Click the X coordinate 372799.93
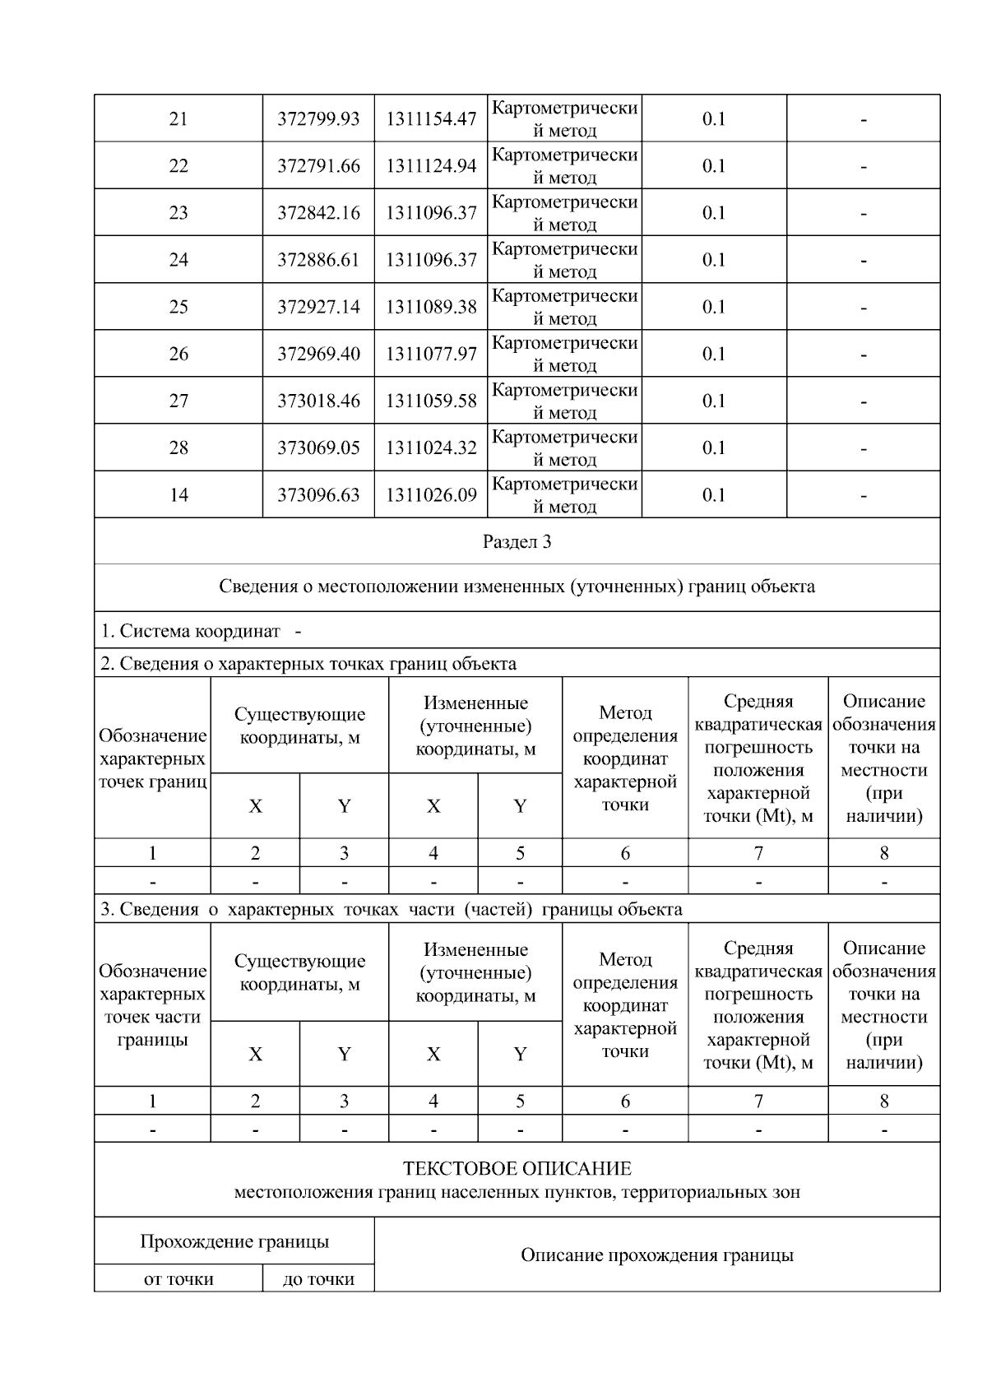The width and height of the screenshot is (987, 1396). (318, 119)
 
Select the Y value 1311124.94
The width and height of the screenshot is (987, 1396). (431, 166)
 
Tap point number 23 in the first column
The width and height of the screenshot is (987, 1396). (178, 213)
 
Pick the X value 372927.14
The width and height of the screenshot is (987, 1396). (318, 307)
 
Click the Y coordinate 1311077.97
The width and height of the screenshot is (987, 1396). (431, 354)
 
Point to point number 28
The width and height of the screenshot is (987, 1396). (178, 448)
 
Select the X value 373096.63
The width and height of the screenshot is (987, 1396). (318, 494)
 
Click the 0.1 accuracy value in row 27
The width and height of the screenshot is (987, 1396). (713, 401)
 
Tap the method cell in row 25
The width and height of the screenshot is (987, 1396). (564, 307)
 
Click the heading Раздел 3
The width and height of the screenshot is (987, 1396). (517, 542)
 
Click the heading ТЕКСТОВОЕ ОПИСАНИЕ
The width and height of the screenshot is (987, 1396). (517, 1168)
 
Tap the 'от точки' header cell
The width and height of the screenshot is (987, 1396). (178, 1279)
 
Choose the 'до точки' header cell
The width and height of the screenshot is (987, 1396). (318, 1279)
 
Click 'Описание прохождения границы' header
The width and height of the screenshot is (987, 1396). (656, 1255)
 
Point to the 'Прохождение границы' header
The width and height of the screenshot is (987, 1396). (234, 1241)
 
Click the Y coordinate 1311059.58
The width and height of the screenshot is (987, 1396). (431, 401)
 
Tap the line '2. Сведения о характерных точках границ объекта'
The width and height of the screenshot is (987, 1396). (308, 664)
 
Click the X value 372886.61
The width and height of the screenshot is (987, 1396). (318, 260)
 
